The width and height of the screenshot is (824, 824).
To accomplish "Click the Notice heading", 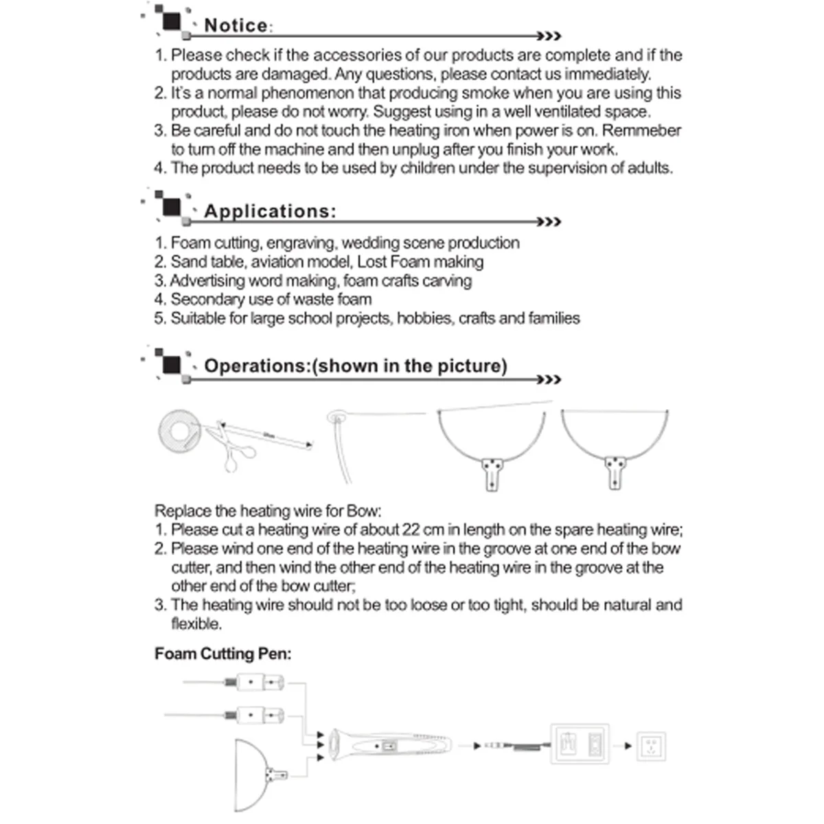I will click(236, 25).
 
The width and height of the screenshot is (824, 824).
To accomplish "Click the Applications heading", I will click(269, 211).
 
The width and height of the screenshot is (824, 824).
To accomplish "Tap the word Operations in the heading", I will click(257, 365).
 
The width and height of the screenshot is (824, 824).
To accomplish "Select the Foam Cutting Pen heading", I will click(222, 654).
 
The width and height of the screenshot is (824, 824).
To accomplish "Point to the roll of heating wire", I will click(178, 430).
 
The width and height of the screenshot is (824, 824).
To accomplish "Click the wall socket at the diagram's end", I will click(652, 746).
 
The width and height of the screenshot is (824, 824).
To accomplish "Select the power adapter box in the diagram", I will click(580, 744).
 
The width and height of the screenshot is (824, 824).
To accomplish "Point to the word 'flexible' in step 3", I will click(196, 623).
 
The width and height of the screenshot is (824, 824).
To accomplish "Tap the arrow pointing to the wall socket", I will click(623, 746).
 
